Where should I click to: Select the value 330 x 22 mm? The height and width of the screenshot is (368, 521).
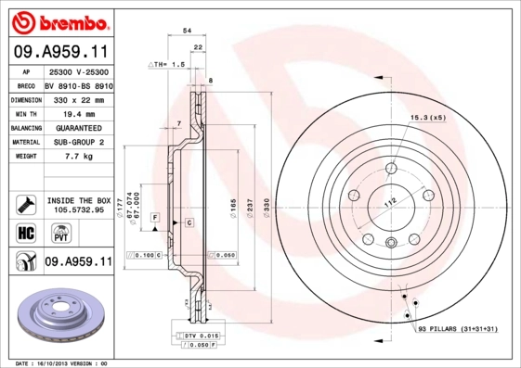click(75, 98)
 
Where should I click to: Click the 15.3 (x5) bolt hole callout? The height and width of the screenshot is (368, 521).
click(427, 118)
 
